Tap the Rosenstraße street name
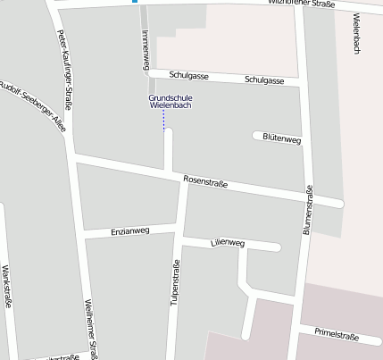205,182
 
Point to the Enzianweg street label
130,231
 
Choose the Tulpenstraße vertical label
176,282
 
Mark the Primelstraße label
337,336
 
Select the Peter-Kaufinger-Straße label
64,69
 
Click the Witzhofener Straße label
303,4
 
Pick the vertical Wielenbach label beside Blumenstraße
355,36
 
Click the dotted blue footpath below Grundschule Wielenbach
164,120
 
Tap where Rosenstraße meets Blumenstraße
308,198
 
